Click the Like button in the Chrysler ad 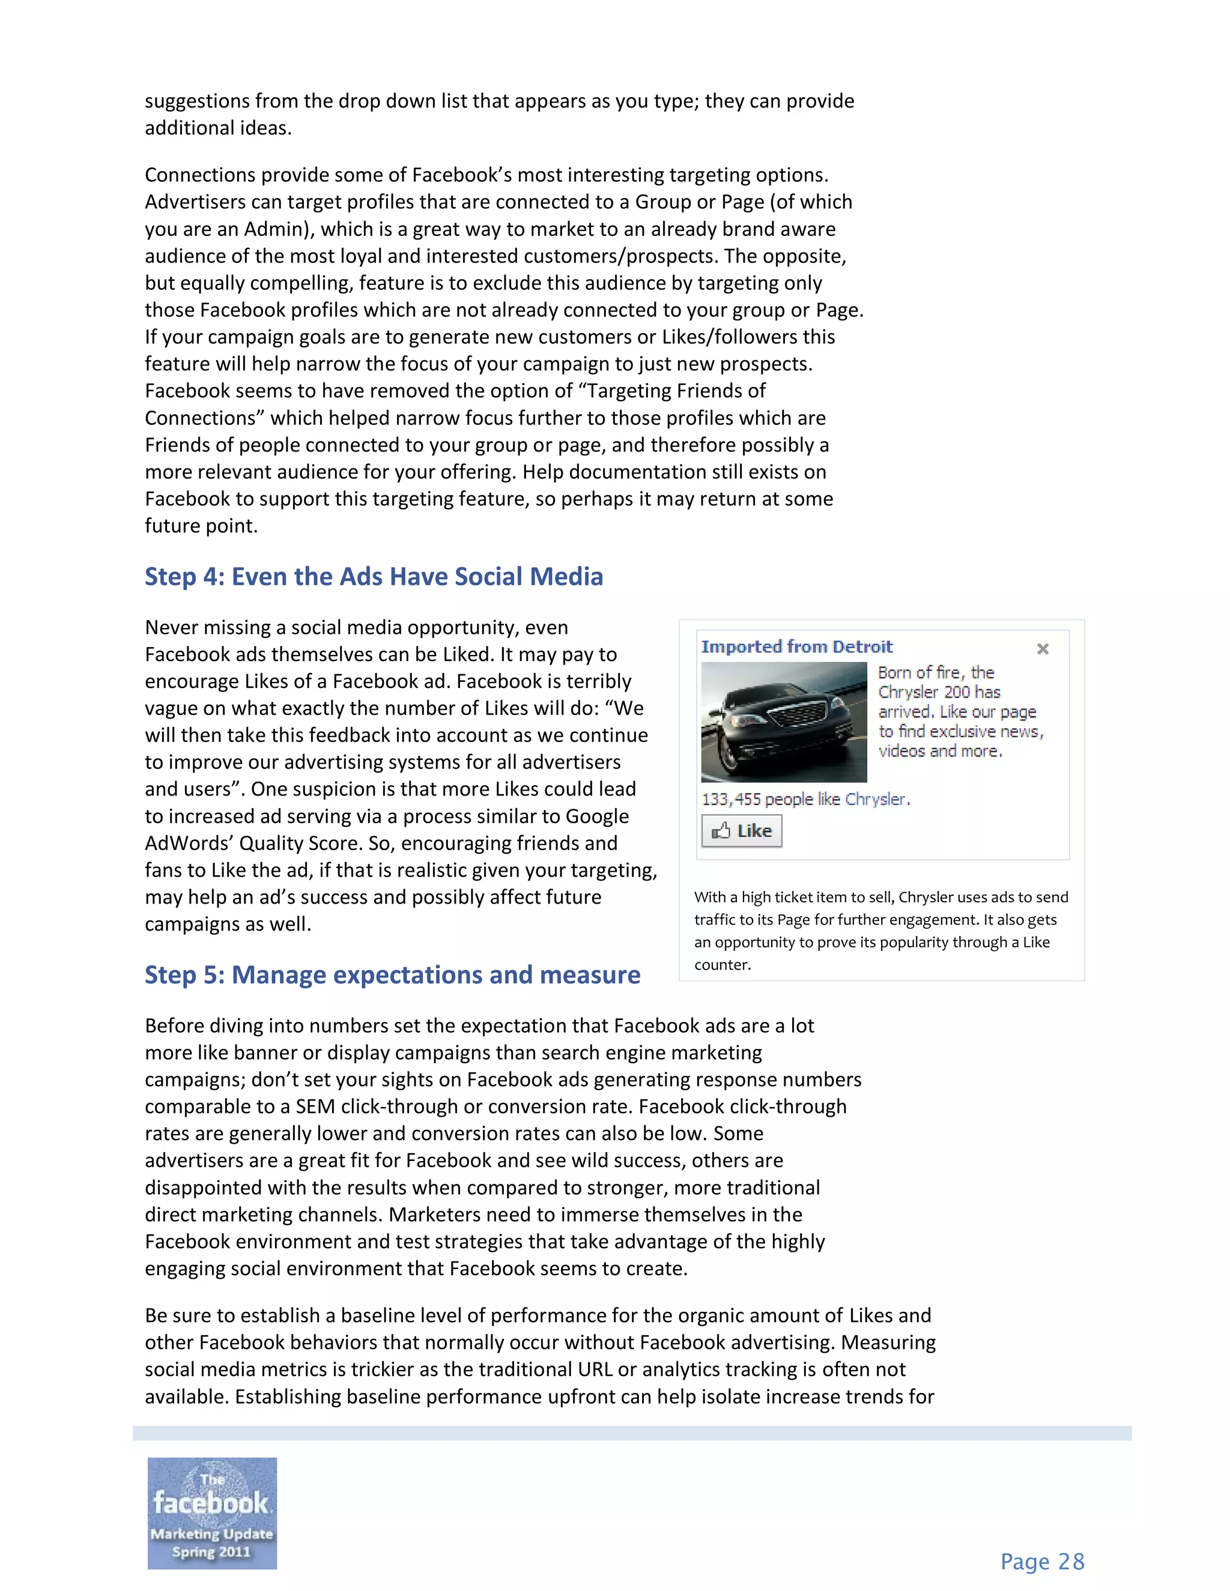click(741, 831)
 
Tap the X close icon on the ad click(1043, 648)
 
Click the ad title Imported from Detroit click(796, 647)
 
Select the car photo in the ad click(783, 722)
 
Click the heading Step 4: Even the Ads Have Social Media click(374, 576)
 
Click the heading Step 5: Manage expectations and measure click(392, 974)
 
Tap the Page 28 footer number click(1042, 1562)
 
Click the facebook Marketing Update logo click(212, 1512)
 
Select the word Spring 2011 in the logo click(211, 1551)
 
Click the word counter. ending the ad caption click(722, 965)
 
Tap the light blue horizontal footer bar click(632, 1433)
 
